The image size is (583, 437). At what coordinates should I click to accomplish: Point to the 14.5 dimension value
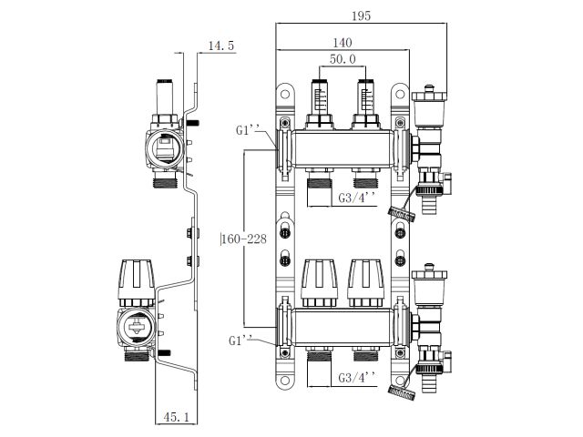(x=221, y=45)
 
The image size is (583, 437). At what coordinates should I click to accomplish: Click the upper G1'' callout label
(x=250, y=130)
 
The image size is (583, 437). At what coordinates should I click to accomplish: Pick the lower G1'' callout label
(x=243, y=340)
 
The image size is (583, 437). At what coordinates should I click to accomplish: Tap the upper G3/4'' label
(x=355, y=198)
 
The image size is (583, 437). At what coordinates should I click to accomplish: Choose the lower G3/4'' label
(x=355, y=377)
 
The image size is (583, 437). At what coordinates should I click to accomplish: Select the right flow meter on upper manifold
(x=366, y=98)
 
